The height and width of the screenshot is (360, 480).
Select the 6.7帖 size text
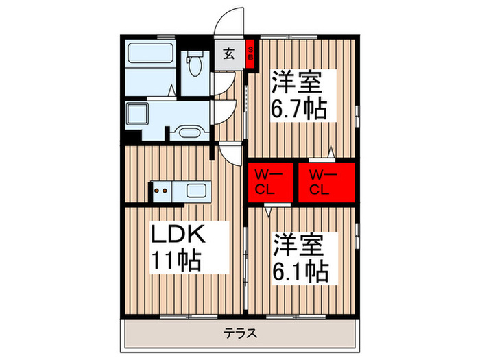tap(300, 108)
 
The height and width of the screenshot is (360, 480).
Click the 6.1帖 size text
tap(300, 269)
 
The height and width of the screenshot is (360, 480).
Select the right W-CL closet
tap(326, 182)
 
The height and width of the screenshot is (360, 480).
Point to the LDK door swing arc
tap(230, 154)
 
